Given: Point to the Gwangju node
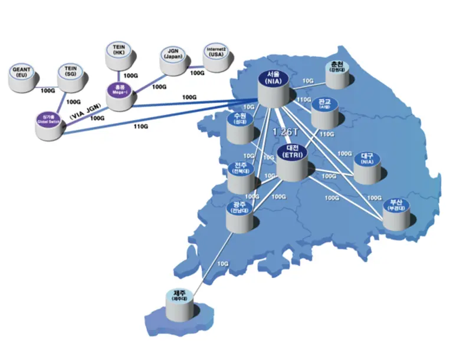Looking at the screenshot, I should [x=241, y=214].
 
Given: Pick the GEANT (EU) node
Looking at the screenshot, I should [x=22, y=78].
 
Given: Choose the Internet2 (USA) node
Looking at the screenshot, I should [x=216, y=55].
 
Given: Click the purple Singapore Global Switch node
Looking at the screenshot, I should [x=48, y=124].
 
